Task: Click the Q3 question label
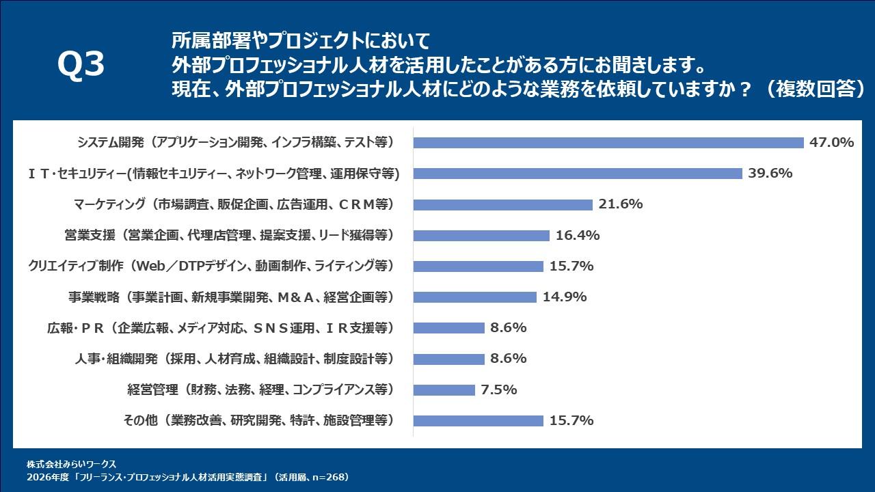(x=81, y=66)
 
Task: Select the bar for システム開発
(x=608, y=143)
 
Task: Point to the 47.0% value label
(x=832, y=143)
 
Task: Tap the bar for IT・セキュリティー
(x=578, y=174)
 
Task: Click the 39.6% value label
(x=770, y=174)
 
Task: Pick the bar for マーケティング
(x=503, y=204)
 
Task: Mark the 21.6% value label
(x=621, y=204)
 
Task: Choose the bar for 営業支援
(x=481, y=236)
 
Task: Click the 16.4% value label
(x=578, y=236)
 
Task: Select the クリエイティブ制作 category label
(x=211, y=266)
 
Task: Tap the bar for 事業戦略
(x=475, y=297)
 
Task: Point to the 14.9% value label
(x=565, y=297)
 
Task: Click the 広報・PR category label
(x=217, y=328)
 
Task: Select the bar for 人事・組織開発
(x=449, y=359)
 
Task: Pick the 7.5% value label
(x=498, y=390)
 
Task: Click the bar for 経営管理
(x=444, y=390)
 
